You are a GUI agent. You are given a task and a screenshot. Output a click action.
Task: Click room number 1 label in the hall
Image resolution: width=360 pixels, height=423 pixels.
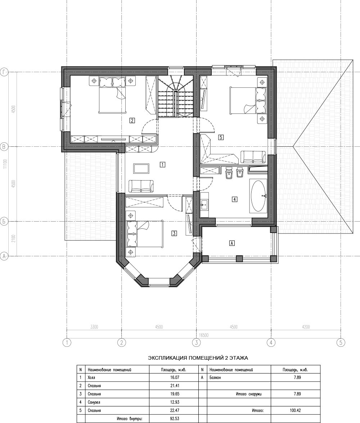[162, 164]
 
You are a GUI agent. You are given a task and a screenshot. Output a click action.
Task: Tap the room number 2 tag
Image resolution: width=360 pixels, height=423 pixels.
[132, 120]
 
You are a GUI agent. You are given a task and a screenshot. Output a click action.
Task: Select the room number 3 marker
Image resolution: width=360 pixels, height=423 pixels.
[174, 233]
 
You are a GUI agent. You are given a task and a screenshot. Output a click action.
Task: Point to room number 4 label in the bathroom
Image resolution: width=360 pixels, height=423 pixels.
[235, 199]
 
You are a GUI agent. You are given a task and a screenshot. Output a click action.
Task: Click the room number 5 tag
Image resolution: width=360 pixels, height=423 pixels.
[221, 137]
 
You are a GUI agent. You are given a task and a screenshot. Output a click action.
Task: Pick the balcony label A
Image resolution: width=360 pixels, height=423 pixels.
[231, 243]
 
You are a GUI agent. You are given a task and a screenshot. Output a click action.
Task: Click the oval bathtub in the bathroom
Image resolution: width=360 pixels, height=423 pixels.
[259, 195]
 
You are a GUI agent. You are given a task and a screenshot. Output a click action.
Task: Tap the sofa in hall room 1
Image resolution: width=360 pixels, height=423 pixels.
[141, 186]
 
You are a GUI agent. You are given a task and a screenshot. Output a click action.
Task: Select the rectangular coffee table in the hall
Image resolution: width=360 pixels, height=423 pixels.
[141, 169]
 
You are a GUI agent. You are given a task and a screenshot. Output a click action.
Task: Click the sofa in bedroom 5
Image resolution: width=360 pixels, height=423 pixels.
[253, 157]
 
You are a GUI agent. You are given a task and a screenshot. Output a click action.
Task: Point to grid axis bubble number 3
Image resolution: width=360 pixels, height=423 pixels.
[196, 342]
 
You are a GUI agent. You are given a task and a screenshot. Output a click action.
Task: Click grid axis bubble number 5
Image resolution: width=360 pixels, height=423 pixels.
[341, 342]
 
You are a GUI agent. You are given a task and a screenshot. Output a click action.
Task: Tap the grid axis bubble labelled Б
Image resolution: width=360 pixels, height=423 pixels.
[4, 222]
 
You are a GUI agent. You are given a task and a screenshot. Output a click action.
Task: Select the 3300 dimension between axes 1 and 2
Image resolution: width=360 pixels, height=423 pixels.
[94, 327]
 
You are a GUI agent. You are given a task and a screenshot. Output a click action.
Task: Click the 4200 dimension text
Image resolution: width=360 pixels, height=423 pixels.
[306, 327]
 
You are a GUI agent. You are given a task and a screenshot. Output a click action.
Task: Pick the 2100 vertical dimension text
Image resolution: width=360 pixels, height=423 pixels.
[14, 238]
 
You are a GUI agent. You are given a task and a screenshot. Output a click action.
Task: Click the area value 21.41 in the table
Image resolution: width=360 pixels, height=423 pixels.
[175, 386]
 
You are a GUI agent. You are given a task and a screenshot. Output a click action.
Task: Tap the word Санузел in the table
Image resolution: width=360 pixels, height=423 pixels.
[94, 402]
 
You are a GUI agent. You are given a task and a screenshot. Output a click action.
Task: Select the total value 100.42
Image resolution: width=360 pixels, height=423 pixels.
[297, 411]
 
